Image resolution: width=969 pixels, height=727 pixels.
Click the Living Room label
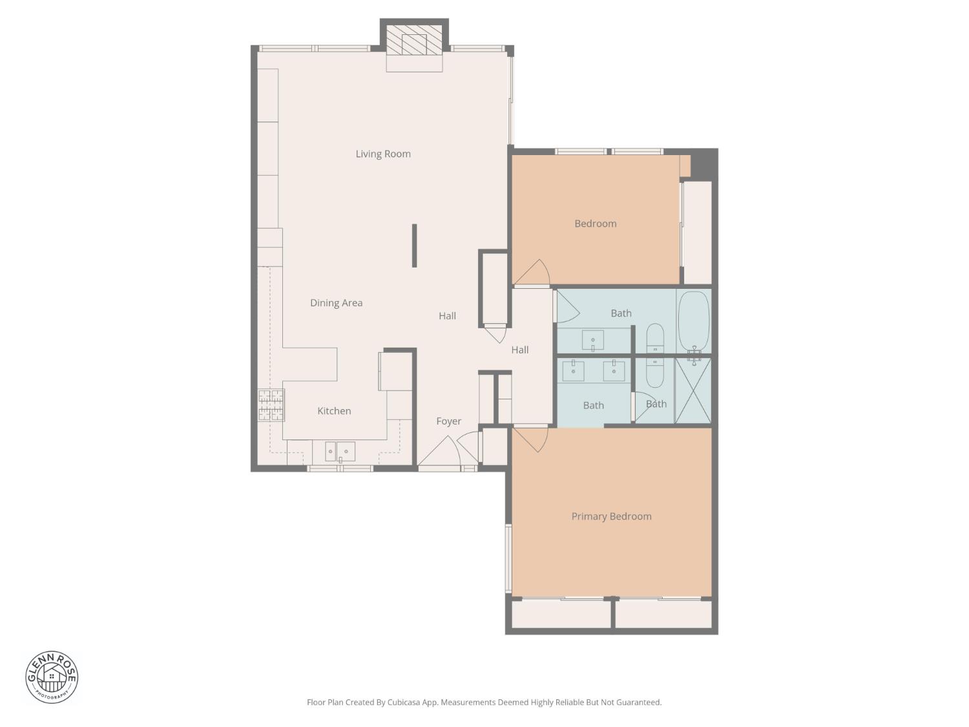383,154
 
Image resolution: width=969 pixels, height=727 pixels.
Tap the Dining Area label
336,302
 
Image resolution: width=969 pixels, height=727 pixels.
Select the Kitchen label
334,411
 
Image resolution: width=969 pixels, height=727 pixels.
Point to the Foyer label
448,421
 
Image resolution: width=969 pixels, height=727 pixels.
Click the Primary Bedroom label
611,516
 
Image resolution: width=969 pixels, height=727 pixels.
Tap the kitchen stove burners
271,405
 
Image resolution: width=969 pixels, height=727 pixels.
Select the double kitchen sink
340,451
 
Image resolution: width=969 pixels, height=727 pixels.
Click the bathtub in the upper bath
694,321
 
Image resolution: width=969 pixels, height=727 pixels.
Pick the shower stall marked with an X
693,390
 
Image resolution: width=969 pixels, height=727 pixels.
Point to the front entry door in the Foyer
440,453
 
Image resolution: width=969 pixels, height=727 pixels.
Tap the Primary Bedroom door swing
531,438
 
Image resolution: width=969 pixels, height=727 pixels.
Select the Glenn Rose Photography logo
52,677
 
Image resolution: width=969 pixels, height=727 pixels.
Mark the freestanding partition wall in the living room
414,246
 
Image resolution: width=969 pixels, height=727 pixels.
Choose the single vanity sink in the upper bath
593,340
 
